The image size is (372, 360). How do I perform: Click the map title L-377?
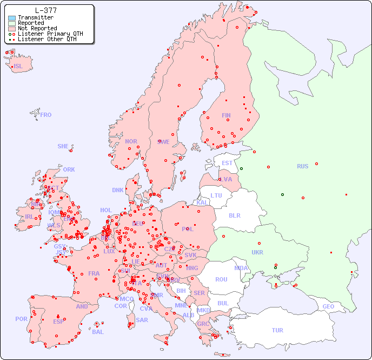[45, 10]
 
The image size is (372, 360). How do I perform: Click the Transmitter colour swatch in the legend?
[12, 18]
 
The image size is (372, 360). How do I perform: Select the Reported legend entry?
[31, 23]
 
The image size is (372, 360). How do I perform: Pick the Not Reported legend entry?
[37, 29]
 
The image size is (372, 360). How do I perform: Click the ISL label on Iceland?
[18, 67]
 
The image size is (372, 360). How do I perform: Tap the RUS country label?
[302, 166]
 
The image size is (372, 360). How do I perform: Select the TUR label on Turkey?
[277, 330]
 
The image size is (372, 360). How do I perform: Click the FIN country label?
[226, 115]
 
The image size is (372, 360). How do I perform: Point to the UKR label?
[257, 252]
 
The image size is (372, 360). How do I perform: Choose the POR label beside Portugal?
[21, 319]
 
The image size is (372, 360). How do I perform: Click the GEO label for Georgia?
[328, 306]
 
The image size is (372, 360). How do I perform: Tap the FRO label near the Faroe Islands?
[46, 115]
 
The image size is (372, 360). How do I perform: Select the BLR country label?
[235, 215]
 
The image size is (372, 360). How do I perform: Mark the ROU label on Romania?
[221, 279]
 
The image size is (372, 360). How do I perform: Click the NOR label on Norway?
[131, 141]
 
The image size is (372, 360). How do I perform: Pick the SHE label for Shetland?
[63, 146]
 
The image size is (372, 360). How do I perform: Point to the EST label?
[227, 163]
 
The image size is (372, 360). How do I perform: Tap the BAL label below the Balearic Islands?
[98, 332]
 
